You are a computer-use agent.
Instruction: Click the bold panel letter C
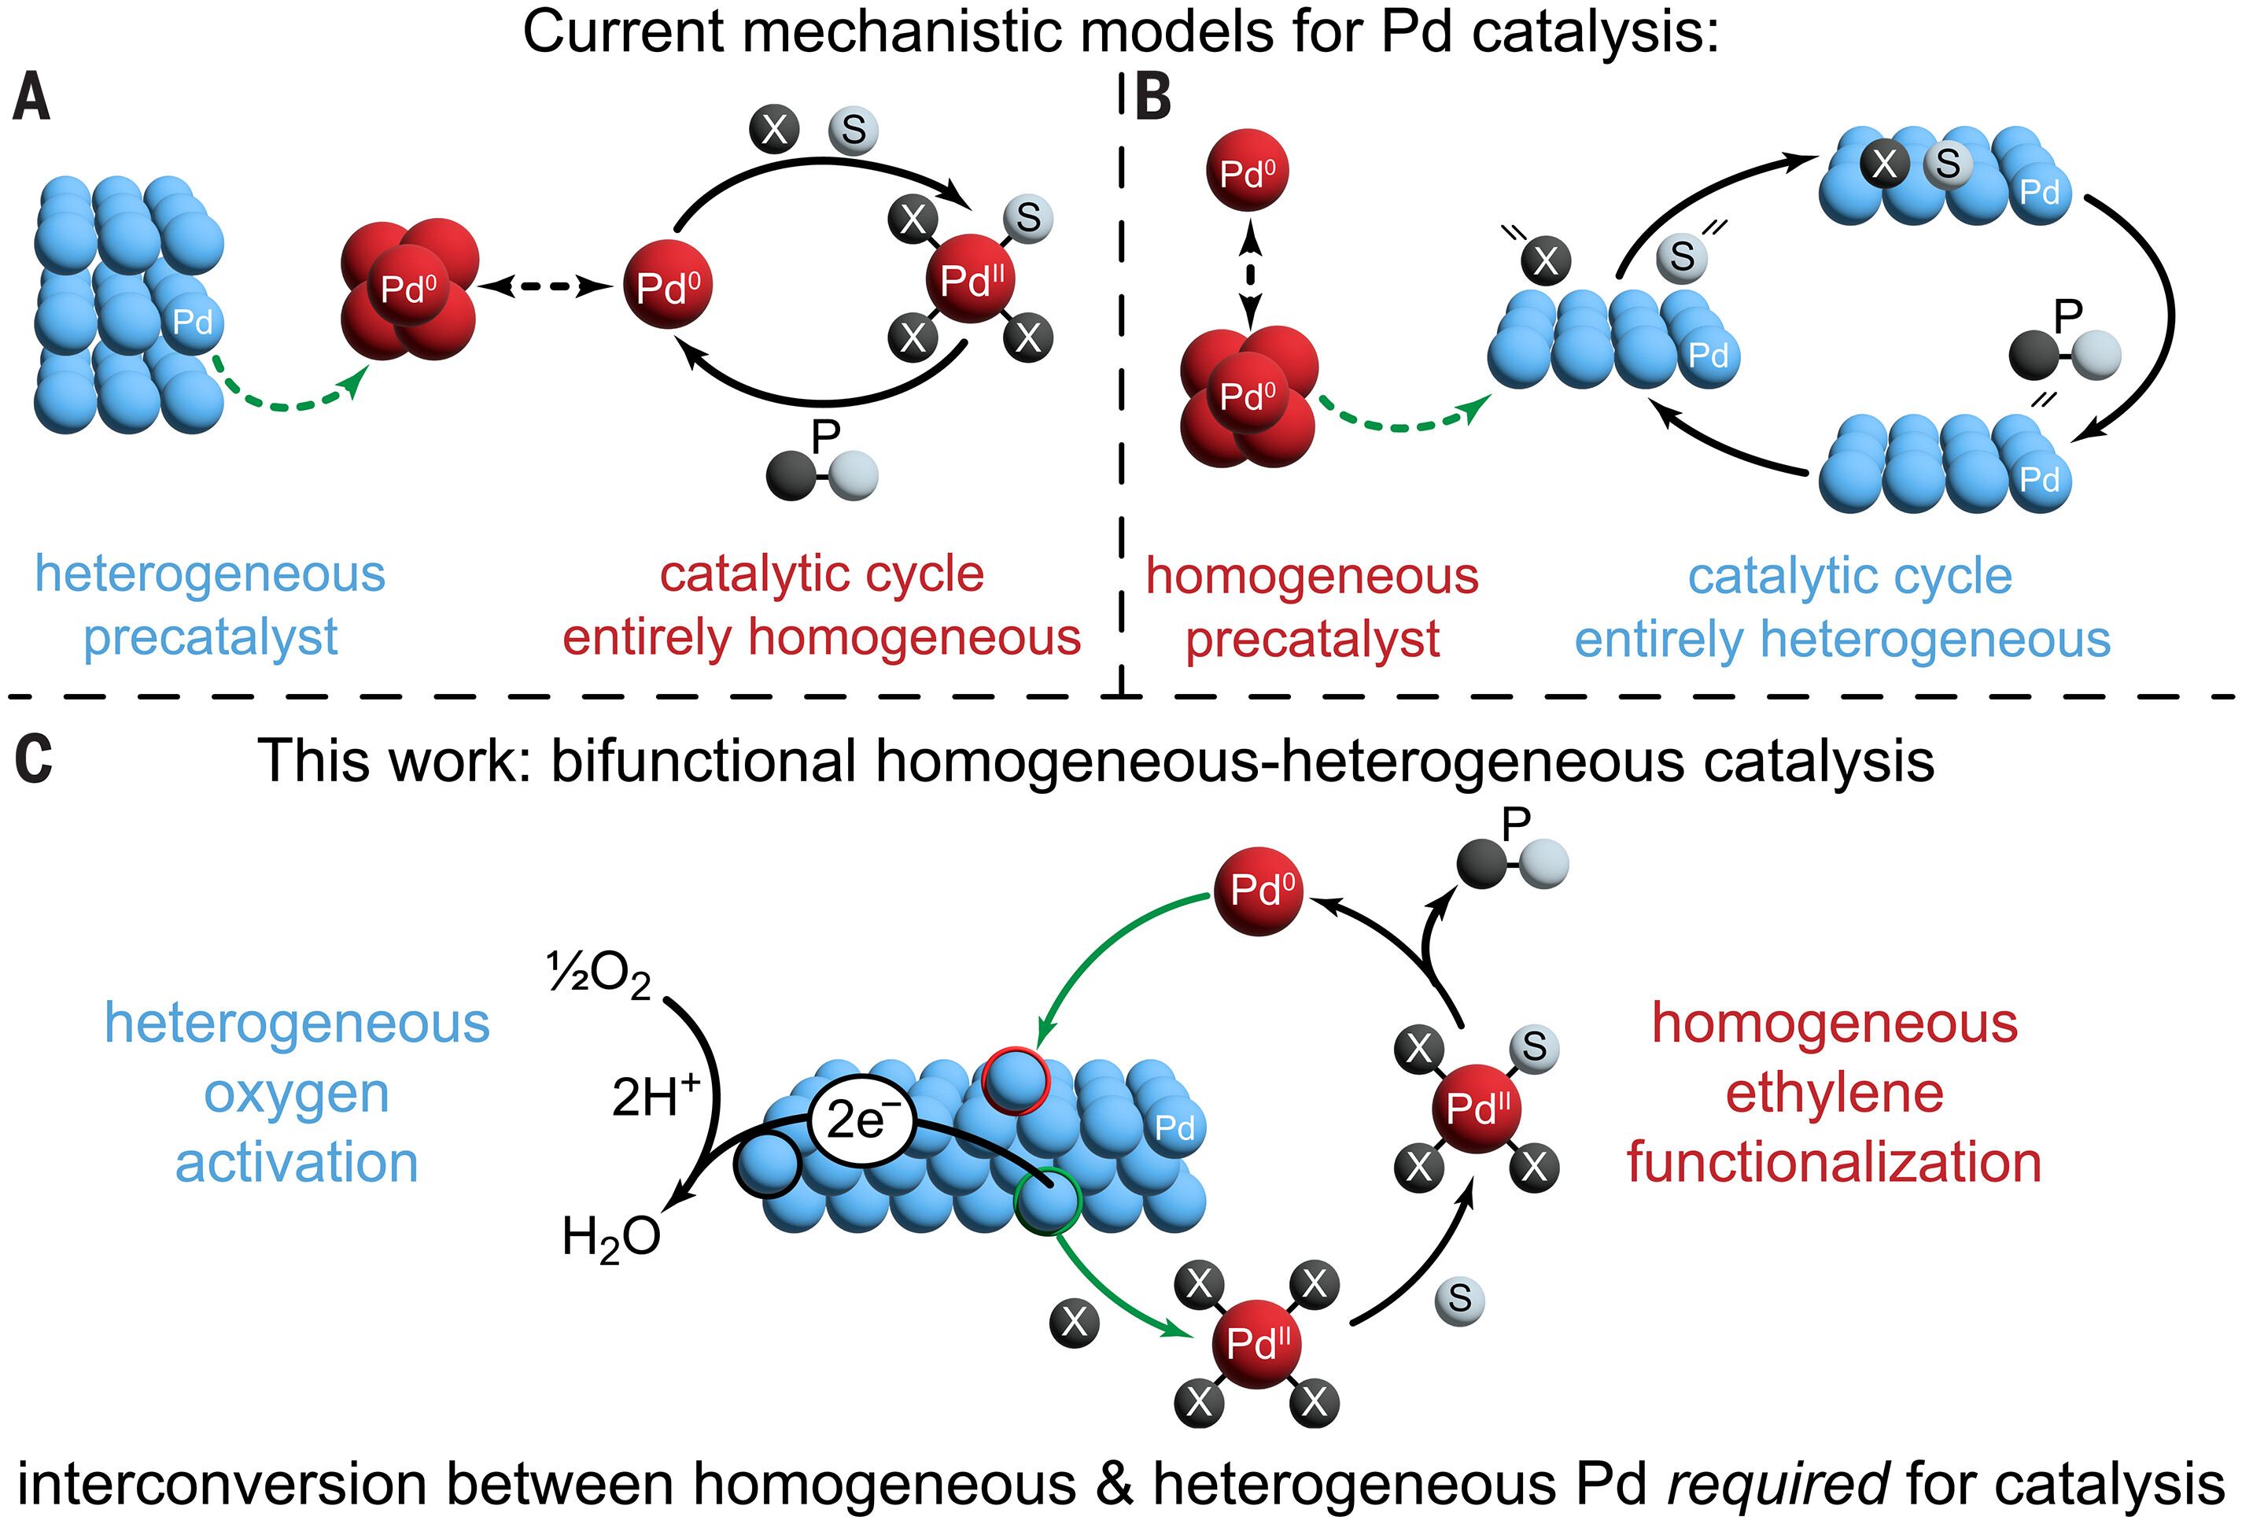[x=33, y=759]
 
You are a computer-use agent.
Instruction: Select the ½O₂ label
[x=598, y=974]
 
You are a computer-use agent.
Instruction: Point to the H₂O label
[x=610, y=1238]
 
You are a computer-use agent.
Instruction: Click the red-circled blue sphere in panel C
[x=1015, y=1080]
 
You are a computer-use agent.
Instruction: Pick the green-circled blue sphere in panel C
[x=1048, y=1201]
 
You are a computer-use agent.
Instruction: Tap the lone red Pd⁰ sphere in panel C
[x=1259, y=891]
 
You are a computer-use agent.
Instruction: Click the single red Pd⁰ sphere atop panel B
[x=1248, y=171]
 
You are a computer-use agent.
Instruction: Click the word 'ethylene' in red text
[x=1834, y=1094]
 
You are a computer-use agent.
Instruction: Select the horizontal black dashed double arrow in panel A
[x=546, y=286]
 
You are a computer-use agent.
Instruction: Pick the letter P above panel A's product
[x=826, y=436]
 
